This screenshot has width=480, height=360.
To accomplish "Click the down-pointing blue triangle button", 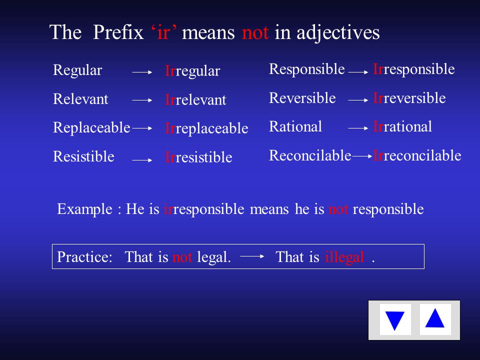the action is [395, 320].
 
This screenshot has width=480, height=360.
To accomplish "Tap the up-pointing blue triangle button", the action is [435, 319].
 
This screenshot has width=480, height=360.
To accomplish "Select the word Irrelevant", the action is [195, 99].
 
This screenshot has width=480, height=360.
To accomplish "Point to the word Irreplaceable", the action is [206, 128].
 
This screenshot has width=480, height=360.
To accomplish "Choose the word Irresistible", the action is [198, 157].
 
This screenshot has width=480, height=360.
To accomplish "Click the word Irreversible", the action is [409, 98].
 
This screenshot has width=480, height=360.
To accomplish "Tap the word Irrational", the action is [402, 126].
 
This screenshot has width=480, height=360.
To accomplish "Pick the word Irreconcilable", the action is [417, 155].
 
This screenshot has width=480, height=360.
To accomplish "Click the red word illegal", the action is [344, 257].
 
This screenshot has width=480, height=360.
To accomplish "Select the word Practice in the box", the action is [85, 257].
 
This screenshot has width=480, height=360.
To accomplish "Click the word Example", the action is [85, 209].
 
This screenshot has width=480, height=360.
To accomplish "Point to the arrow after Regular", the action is [142, 72].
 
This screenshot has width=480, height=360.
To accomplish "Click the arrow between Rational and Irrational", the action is [358, 128].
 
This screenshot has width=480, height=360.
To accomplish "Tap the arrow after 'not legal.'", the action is [252, 256].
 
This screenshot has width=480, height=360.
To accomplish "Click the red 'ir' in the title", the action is [163, 32].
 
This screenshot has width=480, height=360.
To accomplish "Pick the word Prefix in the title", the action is [118, 32].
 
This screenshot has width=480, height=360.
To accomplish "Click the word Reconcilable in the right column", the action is [310, 155].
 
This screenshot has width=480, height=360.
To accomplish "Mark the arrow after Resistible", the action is [142, 160].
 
